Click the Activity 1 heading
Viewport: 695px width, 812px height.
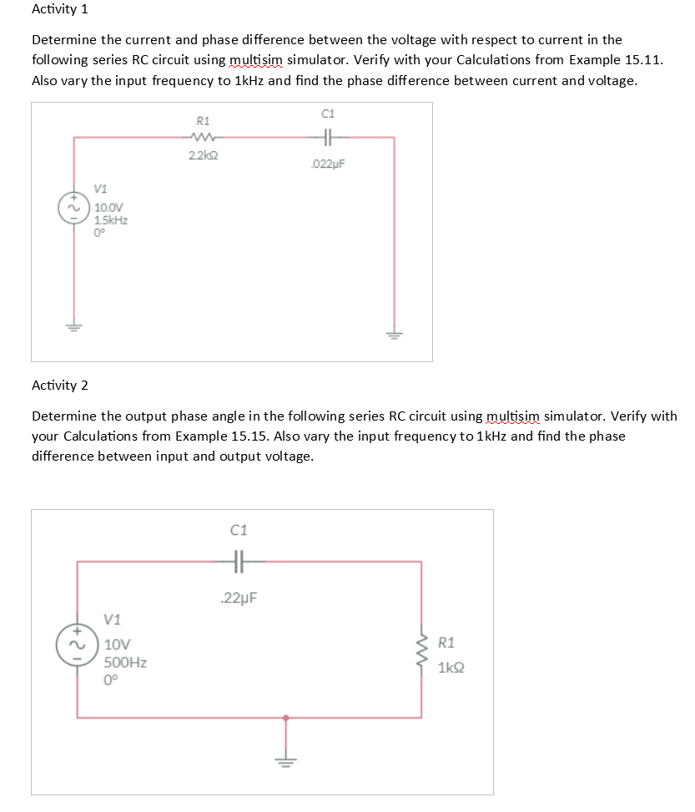(59, 10)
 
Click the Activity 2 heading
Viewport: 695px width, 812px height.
(59, 385)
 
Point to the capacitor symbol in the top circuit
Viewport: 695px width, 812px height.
(327, 139)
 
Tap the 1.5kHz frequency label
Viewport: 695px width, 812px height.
(109, 219)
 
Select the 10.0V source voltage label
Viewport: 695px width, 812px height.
(108, 208)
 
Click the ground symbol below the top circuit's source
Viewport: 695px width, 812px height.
(74, 325)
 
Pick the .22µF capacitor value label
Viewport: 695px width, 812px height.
(239, 598)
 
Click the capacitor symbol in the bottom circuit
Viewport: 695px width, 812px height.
(239, 562)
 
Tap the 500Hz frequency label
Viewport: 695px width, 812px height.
(126, 663)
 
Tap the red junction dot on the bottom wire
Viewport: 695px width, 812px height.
(286, 717)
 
